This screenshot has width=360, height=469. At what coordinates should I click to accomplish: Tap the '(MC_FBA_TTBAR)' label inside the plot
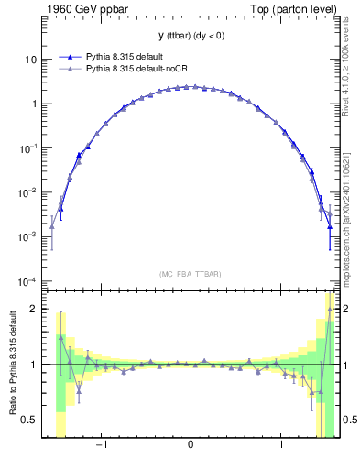[190, 274]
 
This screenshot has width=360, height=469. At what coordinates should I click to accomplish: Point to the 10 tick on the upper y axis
[30, 60]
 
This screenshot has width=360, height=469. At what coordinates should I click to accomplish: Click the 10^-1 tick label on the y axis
[27, 147]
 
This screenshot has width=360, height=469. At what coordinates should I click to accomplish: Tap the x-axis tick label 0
[190, 446]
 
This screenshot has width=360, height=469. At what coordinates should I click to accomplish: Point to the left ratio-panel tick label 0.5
[28, 420]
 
